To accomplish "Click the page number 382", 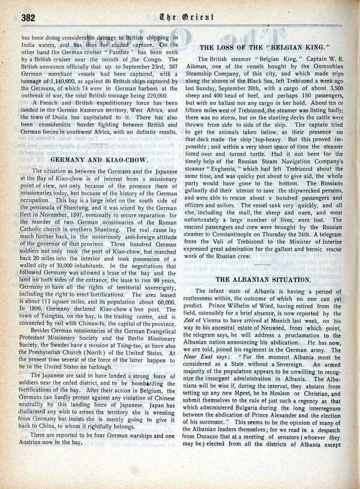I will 28,17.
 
